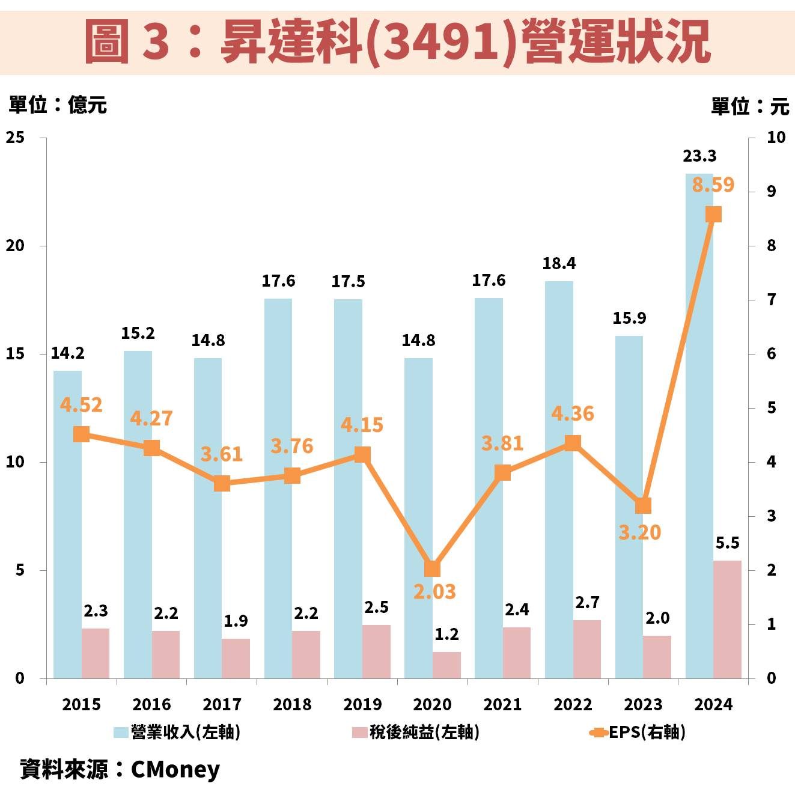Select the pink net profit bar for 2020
446,665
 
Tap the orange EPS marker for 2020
433,568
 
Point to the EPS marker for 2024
713,215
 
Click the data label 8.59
713,184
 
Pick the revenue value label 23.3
699,156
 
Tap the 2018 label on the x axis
292,704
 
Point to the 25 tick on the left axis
16,138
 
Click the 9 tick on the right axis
771,192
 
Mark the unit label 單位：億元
58,105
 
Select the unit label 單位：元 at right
749,107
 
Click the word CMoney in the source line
175,769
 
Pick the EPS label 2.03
434,592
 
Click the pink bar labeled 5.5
727,619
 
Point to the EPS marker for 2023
643,506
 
